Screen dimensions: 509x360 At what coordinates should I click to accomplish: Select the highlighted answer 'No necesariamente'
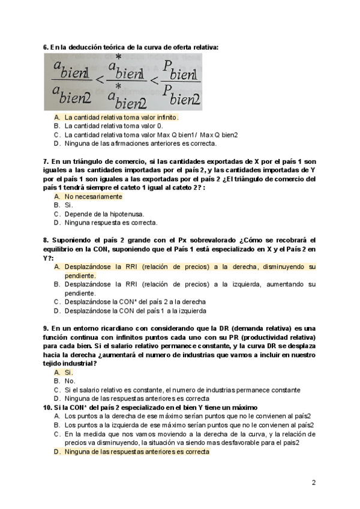coord(93,196)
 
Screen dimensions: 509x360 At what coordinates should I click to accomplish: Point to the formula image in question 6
coord(122,82)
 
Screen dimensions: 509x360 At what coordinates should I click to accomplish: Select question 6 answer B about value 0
coord(113,126)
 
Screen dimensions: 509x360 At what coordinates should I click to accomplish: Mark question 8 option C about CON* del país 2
coord(135,301)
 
